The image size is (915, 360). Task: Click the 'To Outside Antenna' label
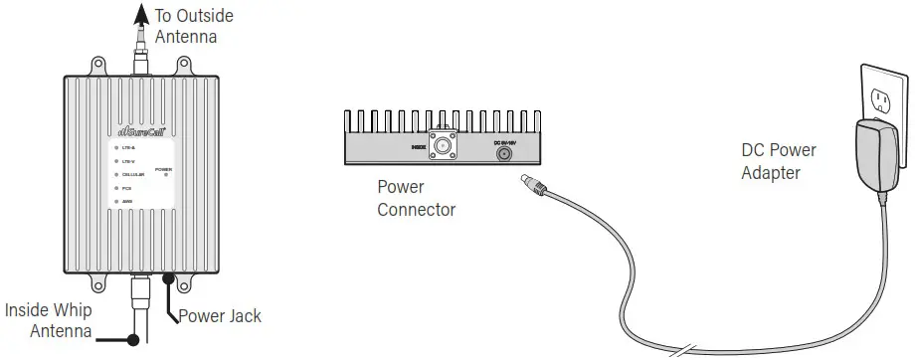tap(193, 27)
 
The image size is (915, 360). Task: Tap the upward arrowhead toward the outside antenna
tap(135, 10)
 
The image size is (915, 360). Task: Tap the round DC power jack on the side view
tap(504, 153)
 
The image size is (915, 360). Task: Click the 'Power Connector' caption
tap(416, 197)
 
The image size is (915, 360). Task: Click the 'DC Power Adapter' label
tap(779, 161)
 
